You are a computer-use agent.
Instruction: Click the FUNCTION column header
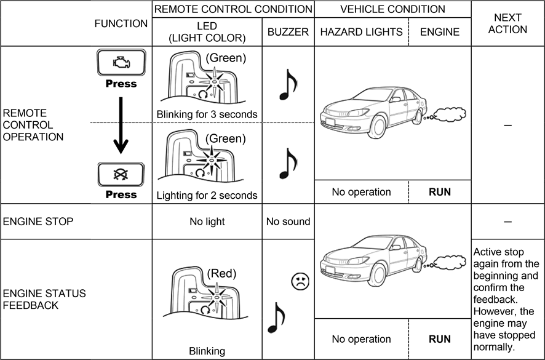pos(121,23)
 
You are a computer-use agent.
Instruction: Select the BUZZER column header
pos(288,32)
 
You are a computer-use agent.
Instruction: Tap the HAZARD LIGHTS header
pos(361,32)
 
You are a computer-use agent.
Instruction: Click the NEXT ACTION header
pos(507,23)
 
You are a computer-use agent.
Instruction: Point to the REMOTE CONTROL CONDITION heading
pos(233,9)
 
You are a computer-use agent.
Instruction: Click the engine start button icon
pos(121,63)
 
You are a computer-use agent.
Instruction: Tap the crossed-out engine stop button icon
pos(121,174)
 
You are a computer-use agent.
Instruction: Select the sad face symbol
pos(300,281)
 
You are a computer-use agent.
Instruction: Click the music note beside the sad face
pos(276,316)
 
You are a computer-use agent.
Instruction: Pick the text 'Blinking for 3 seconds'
pos(207,114)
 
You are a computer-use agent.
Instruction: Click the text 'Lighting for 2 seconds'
pos(207,196)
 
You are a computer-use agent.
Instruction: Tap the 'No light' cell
pos(207,222)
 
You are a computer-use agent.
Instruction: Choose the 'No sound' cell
pos(288,222)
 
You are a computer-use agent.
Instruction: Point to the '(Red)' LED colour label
pos(221,273)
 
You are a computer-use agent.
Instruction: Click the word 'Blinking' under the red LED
pos(207,351)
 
